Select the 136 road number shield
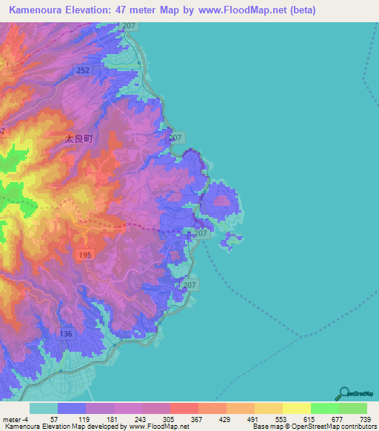[x=66, y=334]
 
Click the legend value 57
[x=54, y=419]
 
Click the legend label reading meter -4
[x=15, y=419]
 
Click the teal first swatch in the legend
[x=43, y=408]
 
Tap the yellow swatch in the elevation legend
[x=296, y=408]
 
